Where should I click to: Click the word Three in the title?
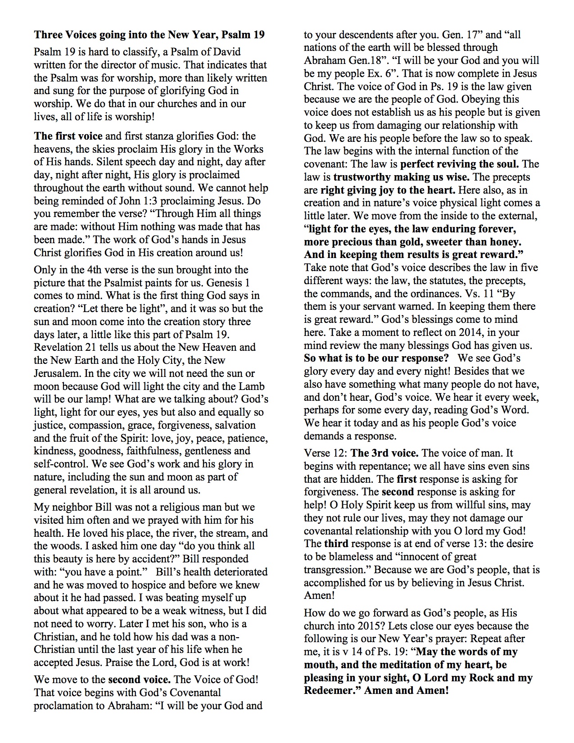48,35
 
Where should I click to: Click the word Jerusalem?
57,374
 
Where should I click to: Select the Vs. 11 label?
491,294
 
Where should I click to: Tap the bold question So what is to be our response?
376,358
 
